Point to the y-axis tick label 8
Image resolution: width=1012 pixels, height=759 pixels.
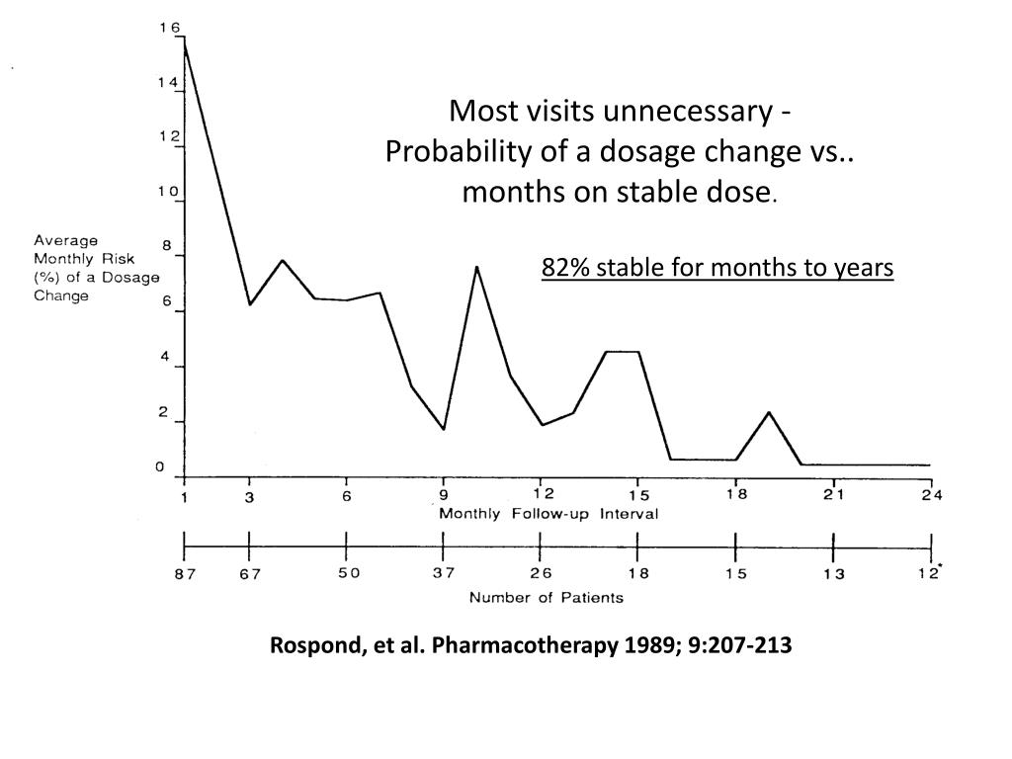click(167, 245)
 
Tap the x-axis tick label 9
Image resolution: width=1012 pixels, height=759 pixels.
click(444, 496)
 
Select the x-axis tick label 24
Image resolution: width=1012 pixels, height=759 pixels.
click(931, 496)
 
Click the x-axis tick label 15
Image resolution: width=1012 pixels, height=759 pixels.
click(639, 496)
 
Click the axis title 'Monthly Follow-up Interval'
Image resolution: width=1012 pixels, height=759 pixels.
click(548, 514)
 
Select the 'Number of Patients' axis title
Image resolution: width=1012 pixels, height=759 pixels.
click(546, 597)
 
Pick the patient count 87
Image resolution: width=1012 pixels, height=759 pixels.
click(185, 575)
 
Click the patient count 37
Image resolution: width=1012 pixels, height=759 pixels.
click(444, 574)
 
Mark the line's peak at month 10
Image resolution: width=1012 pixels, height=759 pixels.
click(476, 267)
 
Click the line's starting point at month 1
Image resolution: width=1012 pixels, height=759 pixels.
click(185, 39)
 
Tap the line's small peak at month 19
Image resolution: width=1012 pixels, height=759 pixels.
click(769, 412)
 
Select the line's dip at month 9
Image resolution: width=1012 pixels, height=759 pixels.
click(444, 429)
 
